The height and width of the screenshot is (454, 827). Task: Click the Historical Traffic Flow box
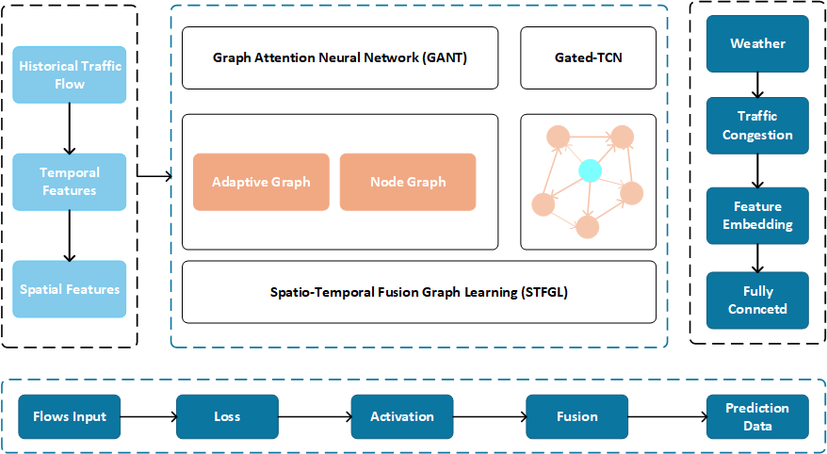coord(69,75)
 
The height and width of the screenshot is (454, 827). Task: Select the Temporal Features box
coord(69,182)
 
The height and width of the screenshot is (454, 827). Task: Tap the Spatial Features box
coord(69,289)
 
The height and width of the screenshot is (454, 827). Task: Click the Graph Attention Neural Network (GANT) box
coord(340,57)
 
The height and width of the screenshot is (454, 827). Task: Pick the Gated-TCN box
coord(588,57)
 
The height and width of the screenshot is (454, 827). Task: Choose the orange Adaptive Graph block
coord(261,182)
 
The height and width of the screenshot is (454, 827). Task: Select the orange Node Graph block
coord(407,182)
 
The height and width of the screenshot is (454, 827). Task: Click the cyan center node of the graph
coord(590,170)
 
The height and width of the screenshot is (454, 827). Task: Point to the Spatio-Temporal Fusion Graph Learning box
coord(418,292)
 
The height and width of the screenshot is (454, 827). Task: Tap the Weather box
coord(757,43)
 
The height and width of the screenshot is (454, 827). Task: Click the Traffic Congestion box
coord(757,125)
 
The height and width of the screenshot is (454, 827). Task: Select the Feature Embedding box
coord(757,216)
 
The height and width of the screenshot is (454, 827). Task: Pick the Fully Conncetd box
coord(757,300)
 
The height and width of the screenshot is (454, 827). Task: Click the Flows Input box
coord(70,416)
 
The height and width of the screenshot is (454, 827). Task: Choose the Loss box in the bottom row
coord(227,416)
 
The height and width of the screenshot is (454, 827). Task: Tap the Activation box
coord(402,416)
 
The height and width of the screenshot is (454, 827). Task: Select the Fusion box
coord(576,416)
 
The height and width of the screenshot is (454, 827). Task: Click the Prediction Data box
coord(757,416)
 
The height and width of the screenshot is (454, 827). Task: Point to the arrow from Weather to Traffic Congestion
coord(757,85)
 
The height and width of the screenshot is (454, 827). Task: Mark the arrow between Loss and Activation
coord(315,416)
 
